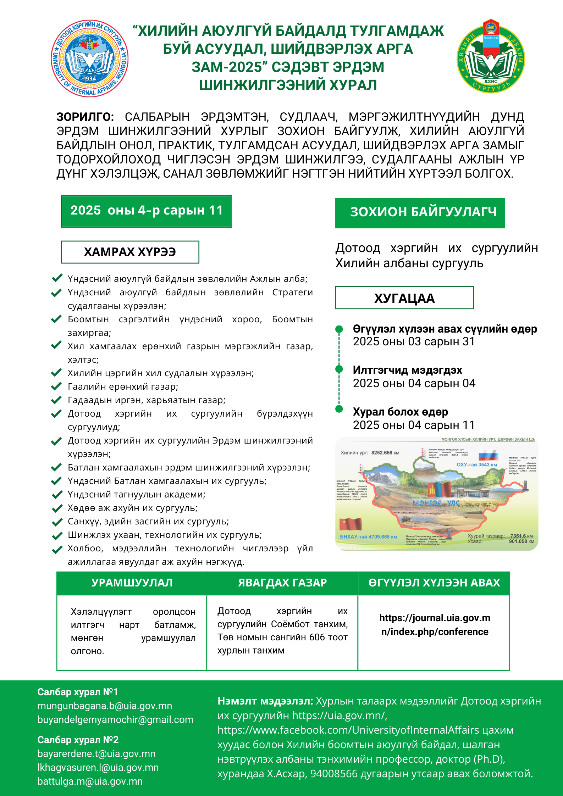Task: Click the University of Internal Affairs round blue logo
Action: [x=90, y=59]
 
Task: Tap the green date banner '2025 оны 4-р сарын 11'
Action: [x=146, y=211]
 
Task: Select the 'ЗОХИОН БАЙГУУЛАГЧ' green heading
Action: [x=420, y=212]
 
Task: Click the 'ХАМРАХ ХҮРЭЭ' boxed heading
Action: [x=130, y=252]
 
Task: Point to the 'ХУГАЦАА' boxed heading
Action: [x=404, y=298]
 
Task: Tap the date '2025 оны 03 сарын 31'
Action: [x=414, y=341]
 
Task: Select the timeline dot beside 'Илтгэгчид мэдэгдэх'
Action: [x=339, y=369]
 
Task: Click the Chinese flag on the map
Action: [x=350, y=524]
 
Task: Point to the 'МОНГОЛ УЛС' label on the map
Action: [x=436, y=503]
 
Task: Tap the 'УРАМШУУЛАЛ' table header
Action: [x=132, y=583]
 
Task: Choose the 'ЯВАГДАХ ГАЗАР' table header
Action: [x=282, y=583]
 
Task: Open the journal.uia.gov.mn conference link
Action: [x=435, y=625]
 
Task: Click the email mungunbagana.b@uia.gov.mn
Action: [x=105, y=706]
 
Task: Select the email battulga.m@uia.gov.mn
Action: [x=90, y=781]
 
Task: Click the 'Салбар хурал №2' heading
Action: [x=78, y=740]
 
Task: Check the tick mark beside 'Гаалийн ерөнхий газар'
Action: [x=56, y=386]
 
